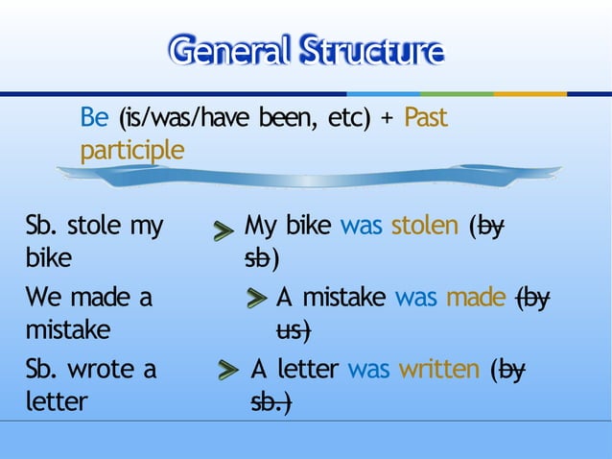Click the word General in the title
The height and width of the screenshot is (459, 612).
coord(227,50)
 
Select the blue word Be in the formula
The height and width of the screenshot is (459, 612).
coord(94,119)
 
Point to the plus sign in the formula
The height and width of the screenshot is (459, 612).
coord(387,119)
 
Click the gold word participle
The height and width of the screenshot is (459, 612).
coord(131,152)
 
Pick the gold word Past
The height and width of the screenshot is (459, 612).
coord(426,119)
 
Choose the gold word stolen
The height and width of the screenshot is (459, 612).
coord(425,227)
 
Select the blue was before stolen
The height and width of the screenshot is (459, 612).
coord(361,227)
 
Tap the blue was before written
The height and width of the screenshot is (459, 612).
coord(368,369)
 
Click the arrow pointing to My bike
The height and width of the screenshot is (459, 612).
coord(223,230)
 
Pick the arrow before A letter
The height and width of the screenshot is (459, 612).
coord(227,371)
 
